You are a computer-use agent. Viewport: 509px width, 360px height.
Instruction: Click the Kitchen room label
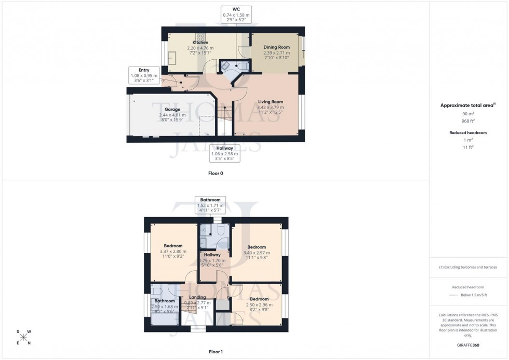tap(200, 43)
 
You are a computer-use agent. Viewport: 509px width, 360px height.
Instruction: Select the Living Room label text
tap(270, 102)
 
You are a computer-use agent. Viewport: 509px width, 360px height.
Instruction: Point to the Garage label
tap(172, 110)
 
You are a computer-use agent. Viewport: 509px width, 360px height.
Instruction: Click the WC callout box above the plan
tap(236, 12)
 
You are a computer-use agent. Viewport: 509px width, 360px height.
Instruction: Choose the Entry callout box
tap(143, 76)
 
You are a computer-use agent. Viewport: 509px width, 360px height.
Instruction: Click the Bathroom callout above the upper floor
tap(210, 206)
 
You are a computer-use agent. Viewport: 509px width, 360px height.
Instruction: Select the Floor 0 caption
tap(216, 173)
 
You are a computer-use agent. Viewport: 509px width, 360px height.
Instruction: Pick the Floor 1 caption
tap(216, 352)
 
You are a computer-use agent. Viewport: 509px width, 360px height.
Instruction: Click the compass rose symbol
tap(23, 337)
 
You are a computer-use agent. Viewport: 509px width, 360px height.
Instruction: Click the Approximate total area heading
tap(467, 105)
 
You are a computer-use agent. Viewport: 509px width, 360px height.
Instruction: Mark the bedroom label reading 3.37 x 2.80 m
tap(173, 246)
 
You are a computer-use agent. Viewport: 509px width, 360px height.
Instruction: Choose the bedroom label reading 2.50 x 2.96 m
tap(259, 299)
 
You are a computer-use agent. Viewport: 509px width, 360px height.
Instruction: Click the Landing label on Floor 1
tap(197, 297)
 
